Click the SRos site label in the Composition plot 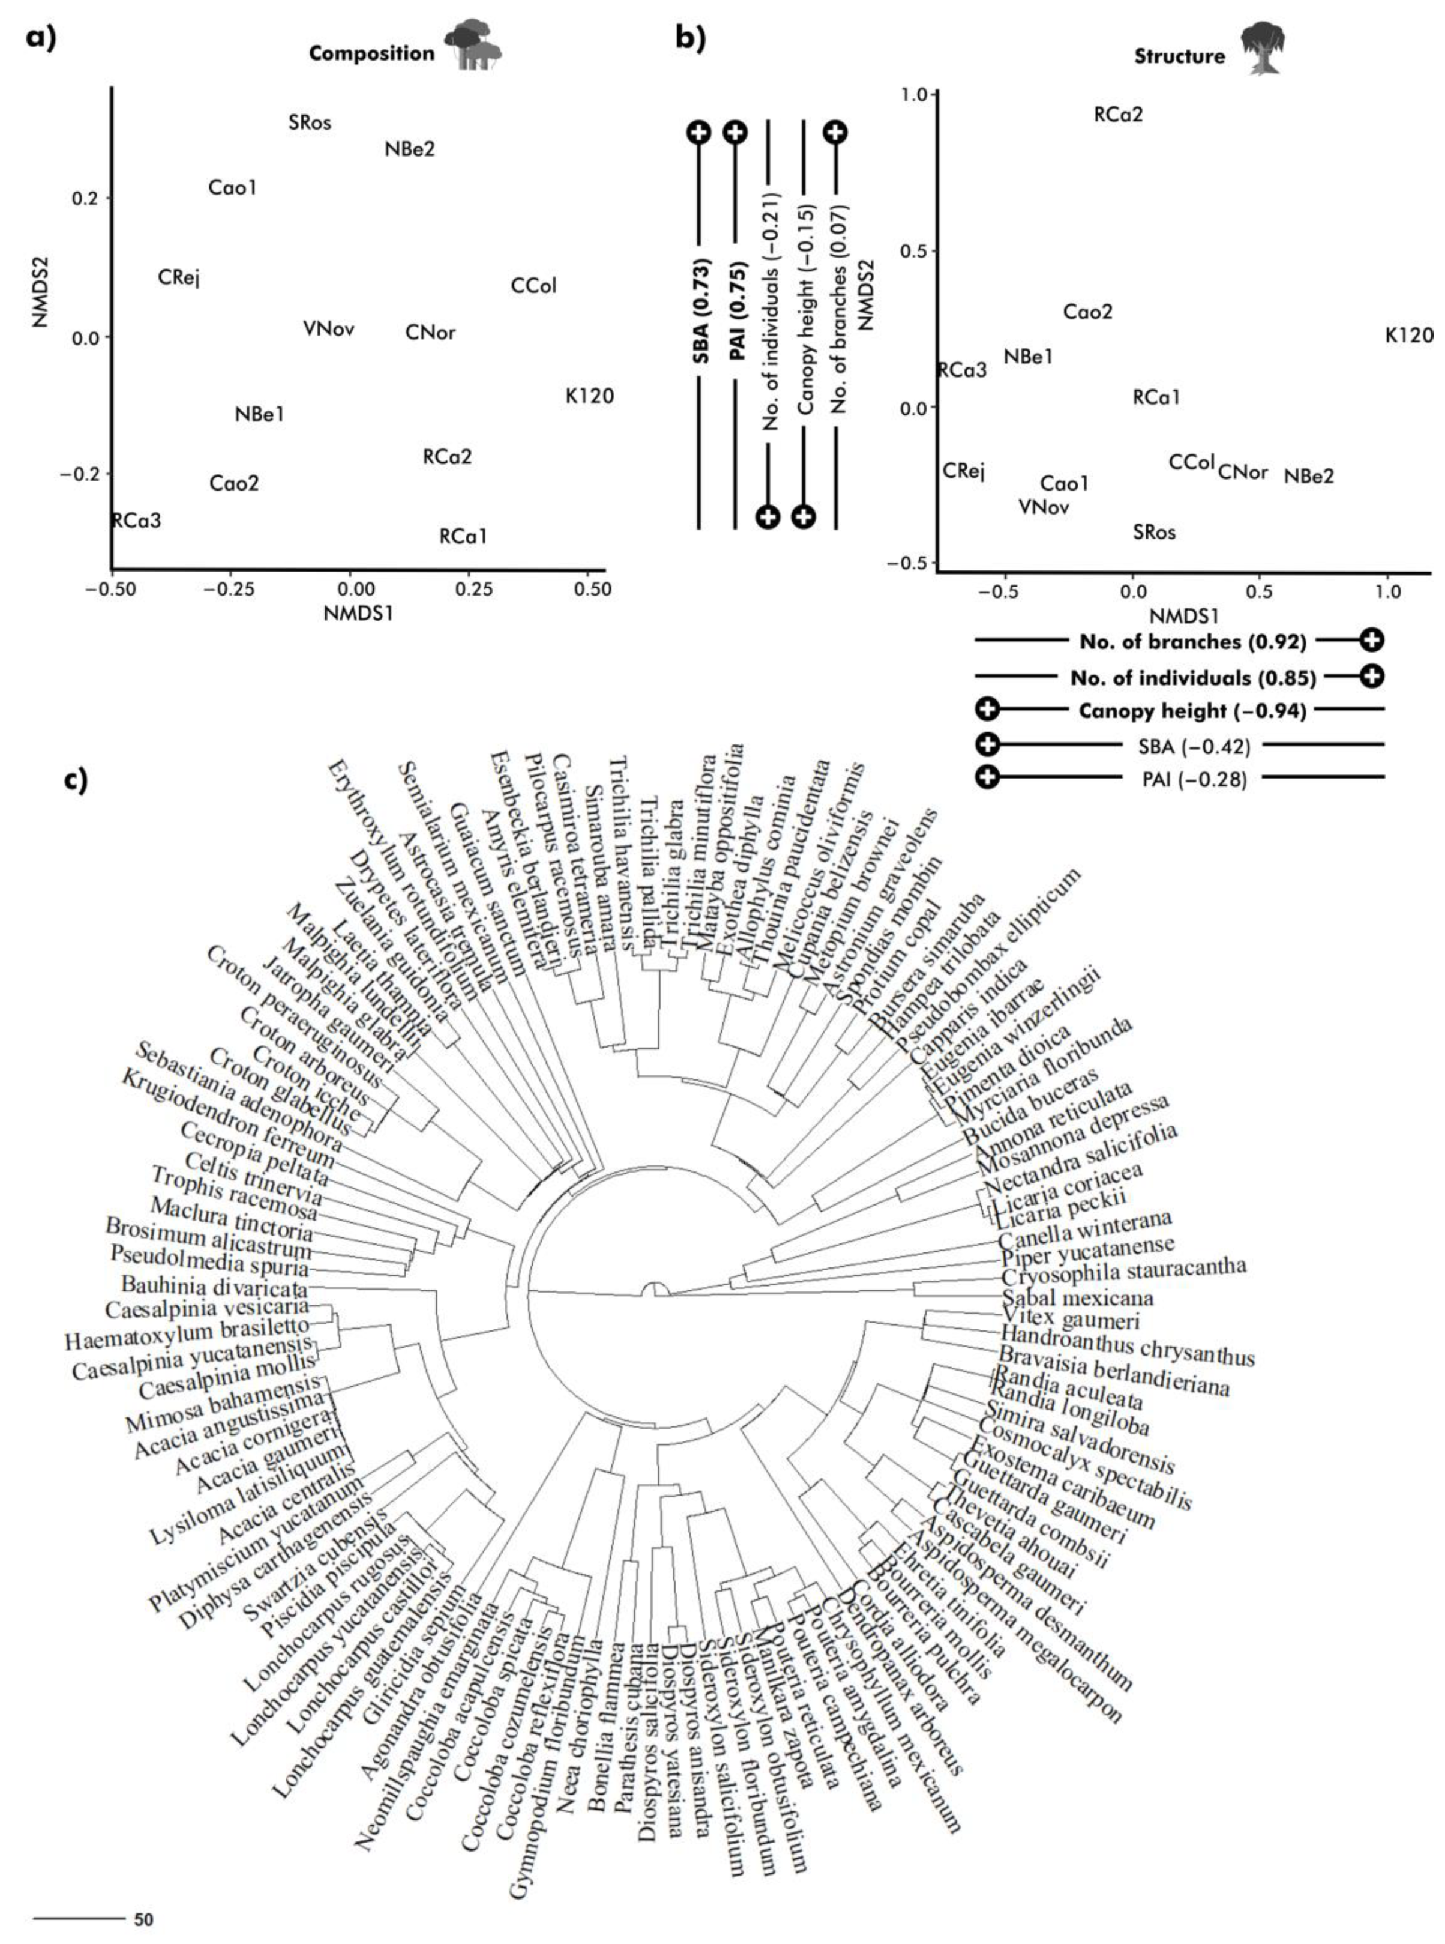click(x=310, y=122)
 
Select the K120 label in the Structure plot click(x=1409, y=335)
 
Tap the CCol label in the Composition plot click(x=533, y=285)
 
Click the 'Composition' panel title click(x=371, y=53)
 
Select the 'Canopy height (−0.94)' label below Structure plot click(x=1191, y=710)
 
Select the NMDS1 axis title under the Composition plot click(x=358, y=612)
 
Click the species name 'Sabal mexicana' click(x=1078, y=1297)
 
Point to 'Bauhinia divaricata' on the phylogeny click(x=214, y=1286)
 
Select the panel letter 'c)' click(x=76, y=780)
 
